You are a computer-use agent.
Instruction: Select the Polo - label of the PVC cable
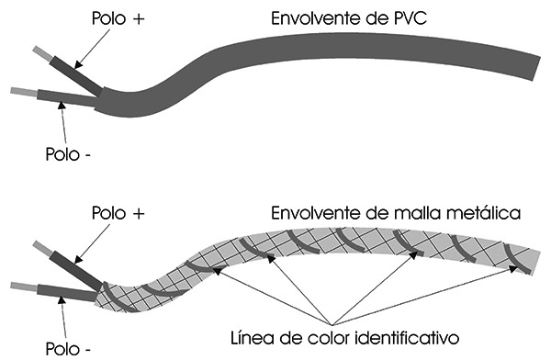click(x=67, y=153)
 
